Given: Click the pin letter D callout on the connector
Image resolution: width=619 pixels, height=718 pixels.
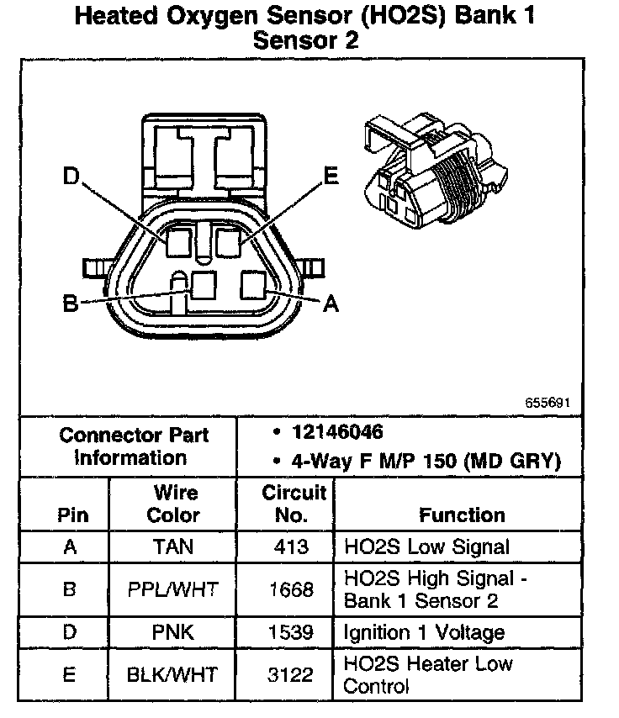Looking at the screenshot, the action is pyautogui.click(x=72, y=177).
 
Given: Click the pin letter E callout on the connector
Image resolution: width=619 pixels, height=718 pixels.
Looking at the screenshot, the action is pyautogui.click(x=331, y=175).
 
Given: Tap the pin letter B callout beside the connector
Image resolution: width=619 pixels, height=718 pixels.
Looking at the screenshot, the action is pyautogui.click(x=71, y=303).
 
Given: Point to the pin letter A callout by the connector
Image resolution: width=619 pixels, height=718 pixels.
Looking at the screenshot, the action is pyautogui.click(x=331, y=304).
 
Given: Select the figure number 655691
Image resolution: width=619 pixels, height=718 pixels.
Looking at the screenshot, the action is pyautogui.click(x=547, y=403).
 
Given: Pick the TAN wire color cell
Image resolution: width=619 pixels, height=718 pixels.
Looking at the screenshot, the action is pyautogui.click(x=172, y=546).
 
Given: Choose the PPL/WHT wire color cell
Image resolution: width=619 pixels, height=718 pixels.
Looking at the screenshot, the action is pyautogui.click(x=172, y=589).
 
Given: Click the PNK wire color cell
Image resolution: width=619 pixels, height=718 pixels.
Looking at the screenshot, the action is pyautogui.click(x=172, y=632).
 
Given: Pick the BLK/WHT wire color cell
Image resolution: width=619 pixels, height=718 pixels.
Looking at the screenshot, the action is pyautogui.click(x=172, y=674).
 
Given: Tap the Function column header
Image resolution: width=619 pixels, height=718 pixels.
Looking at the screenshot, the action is pyautogui.click(x=462, y=515).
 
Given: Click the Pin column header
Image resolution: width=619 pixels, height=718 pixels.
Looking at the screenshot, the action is pyautogui.click(x=70, y=515).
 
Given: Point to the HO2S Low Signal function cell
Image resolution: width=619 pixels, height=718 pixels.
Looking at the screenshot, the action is pyautogui.click(x=426, y=546).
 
